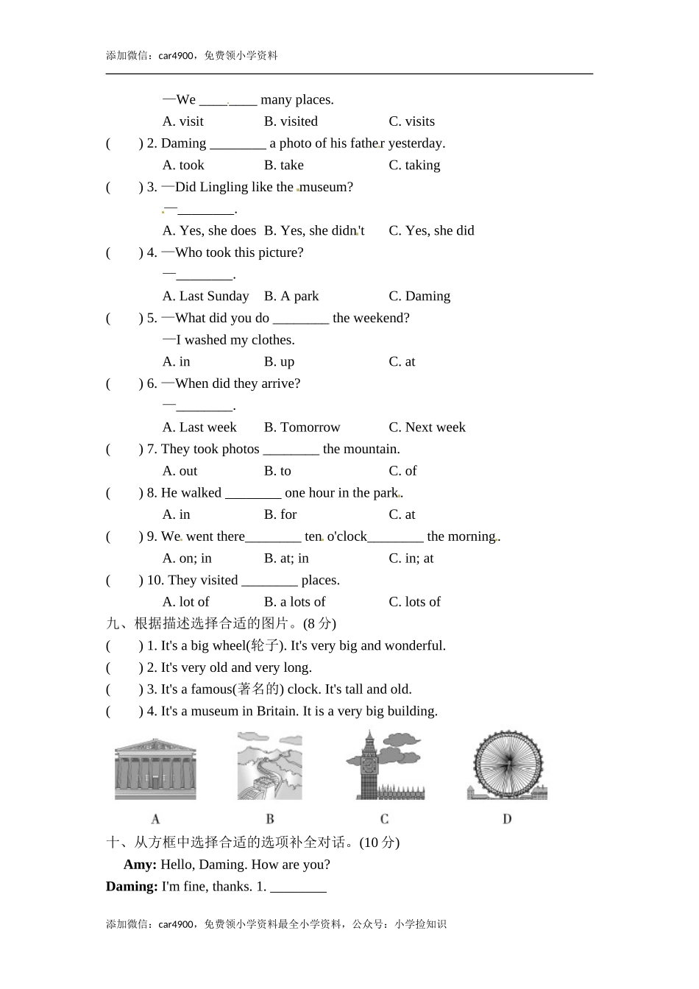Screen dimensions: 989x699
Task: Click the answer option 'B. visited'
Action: [291, 121]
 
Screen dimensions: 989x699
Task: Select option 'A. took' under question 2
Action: [183, 165]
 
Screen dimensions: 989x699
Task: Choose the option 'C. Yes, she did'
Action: [431, 230]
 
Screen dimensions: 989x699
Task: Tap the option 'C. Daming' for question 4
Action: [419, 296]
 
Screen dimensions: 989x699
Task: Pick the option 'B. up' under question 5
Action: [279, 361]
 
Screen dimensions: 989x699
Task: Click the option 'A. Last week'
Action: [199, 427]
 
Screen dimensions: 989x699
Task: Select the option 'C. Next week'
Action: [427, 427]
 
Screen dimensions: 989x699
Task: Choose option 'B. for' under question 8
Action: [280, 514]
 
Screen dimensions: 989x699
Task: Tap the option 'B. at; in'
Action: [286, 558]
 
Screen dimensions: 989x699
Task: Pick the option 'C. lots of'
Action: [414, 602]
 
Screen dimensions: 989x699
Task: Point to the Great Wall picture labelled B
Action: [269, 765]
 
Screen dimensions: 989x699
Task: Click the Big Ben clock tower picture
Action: [384, 765]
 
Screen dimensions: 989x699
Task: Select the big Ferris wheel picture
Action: [507, 765]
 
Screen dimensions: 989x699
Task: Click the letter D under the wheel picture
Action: [507, 819]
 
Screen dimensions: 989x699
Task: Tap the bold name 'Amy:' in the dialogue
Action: [140, 865]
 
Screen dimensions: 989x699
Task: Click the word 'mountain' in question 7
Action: [371, 449]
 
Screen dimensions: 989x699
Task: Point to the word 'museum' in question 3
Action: [326, 187]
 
